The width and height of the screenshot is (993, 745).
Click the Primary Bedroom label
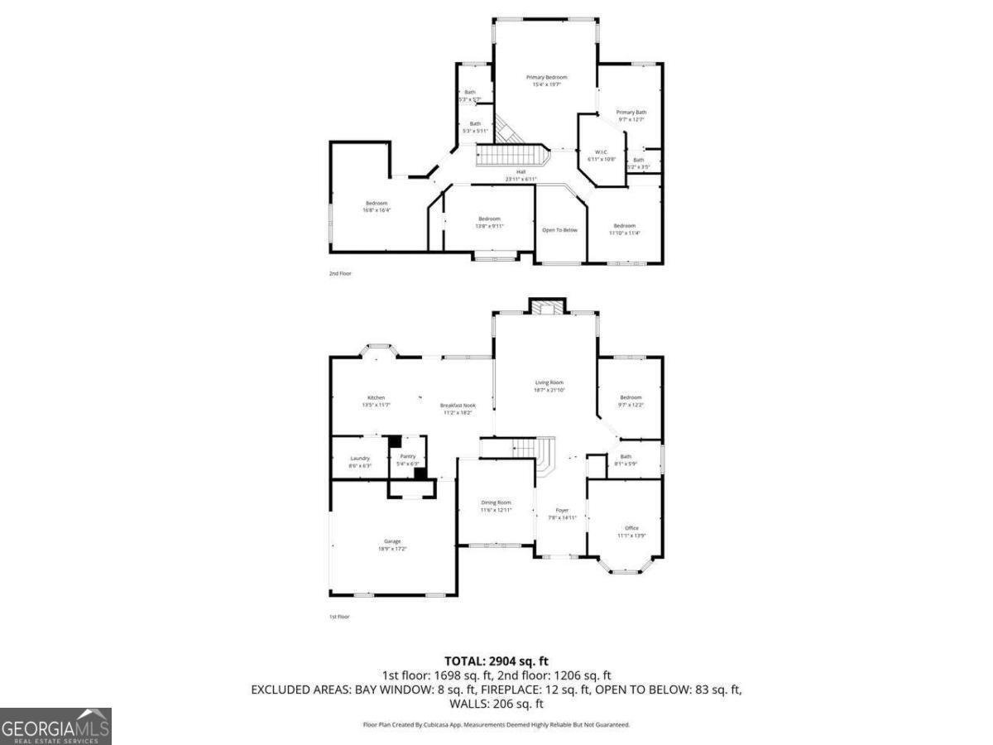546,77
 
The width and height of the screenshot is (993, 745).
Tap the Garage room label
391,541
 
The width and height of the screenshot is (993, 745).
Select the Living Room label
549,382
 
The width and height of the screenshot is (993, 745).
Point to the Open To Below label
559,229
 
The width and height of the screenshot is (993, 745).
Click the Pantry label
407,456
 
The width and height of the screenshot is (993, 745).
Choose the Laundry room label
359,459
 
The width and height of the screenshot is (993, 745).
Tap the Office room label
631,528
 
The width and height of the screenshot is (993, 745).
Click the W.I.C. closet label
602,152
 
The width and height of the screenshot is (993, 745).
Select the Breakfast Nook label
457,406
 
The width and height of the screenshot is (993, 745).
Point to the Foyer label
562,511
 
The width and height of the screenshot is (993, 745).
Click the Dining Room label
496,502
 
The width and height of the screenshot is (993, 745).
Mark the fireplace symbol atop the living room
546,306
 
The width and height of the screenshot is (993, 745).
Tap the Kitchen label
376,398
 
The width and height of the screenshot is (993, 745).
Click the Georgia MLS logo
55,726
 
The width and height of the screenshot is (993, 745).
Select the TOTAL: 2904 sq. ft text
496,661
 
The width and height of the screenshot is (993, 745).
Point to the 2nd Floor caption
340,272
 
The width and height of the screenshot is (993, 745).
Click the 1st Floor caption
339,617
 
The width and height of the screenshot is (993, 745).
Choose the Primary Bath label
631,112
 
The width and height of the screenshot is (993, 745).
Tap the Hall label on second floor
520,172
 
